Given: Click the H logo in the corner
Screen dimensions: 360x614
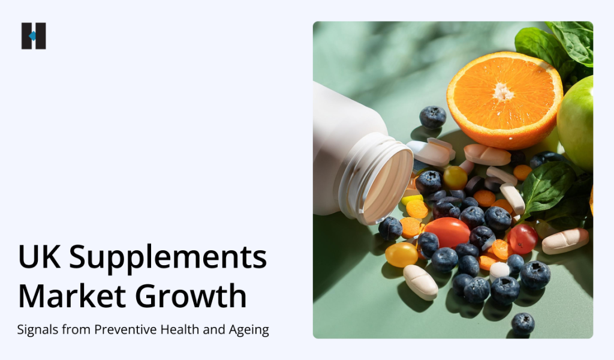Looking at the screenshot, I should (x=34, y=36).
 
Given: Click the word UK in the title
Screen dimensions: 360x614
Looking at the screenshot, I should (x=38, y=258).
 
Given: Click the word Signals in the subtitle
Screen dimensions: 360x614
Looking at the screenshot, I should (x=38, y=329).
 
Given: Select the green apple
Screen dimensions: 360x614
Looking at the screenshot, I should (x=576, y=122).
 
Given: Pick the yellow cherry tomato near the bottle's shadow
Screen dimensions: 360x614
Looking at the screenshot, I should (x=401, y=254).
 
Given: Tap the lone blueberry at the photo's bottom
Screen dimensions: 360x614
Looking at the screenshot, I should (x=523, y=324).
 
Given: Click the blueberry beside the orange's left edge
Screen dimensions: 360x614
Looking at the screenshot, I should (x=432, y=117).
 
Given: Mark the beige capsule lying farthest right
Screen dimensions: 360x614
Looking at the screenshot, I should (x=565, y=241).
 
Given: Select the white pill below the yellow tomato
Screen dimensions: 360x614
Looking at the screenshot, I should (x=420, y=281).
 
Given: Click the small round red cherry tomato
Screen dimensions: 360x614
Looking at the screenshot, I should (x=523, y=239).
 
